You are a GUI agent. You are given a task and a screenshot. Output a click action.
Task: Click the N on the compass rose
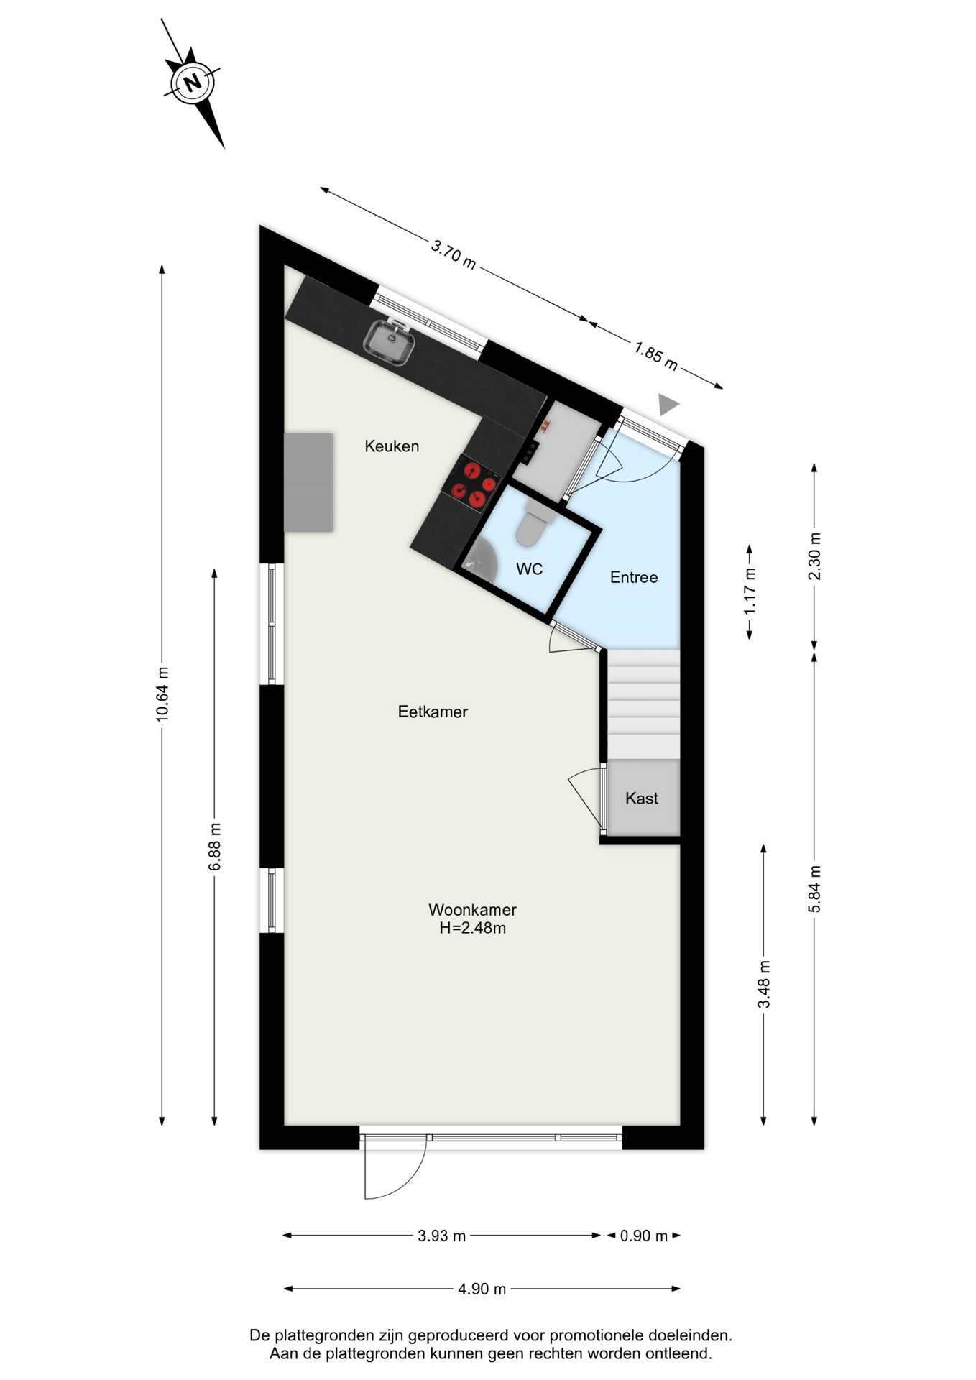(192, 83)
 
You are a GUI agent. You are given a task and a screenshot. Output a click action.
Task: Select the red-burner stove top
(471, 483)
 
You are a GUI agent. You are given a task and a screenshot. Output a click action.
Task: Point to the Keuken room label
(392, 446)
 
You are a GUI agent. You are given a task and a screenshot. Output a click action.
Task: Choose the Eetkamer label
(433, 712)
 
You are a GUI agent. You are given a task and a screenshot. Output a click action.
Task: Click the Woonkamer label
(472, 909)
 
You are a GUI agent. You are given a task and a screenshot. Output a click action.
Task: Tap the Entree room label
(634, 577)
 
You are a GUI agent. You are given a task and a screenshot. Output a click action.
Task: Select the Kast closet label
(642, 798)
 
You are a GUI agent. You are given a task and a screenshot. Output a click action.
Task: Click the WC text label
(530, 569)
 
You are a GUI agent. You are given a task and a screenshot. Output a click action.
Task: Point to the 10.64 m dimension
(162, 694)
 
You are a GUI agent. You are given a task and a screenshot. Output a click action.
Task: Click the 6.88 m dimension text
(215, 847)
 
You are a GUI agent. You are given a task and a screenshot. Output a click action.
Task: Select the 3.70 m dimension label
(454, 254)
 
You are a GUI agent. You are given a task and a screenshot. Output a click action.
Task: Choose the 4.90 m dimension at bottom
(482, 1289)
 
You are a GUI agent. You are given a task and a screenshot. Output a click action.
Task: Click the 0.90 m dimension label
(644, 1236)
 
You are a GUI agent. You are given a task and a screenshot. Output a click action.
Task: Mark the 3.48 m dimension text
(764, 984)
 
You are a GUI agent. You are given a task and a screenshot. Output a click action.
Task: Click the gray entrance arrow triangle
(668, 404)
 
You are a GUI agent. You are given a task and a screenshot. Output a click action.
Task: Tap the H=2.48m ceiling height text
(473, 928)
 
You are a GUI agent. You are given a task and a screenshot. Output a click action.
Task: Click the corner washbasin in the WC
(480, 560)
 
